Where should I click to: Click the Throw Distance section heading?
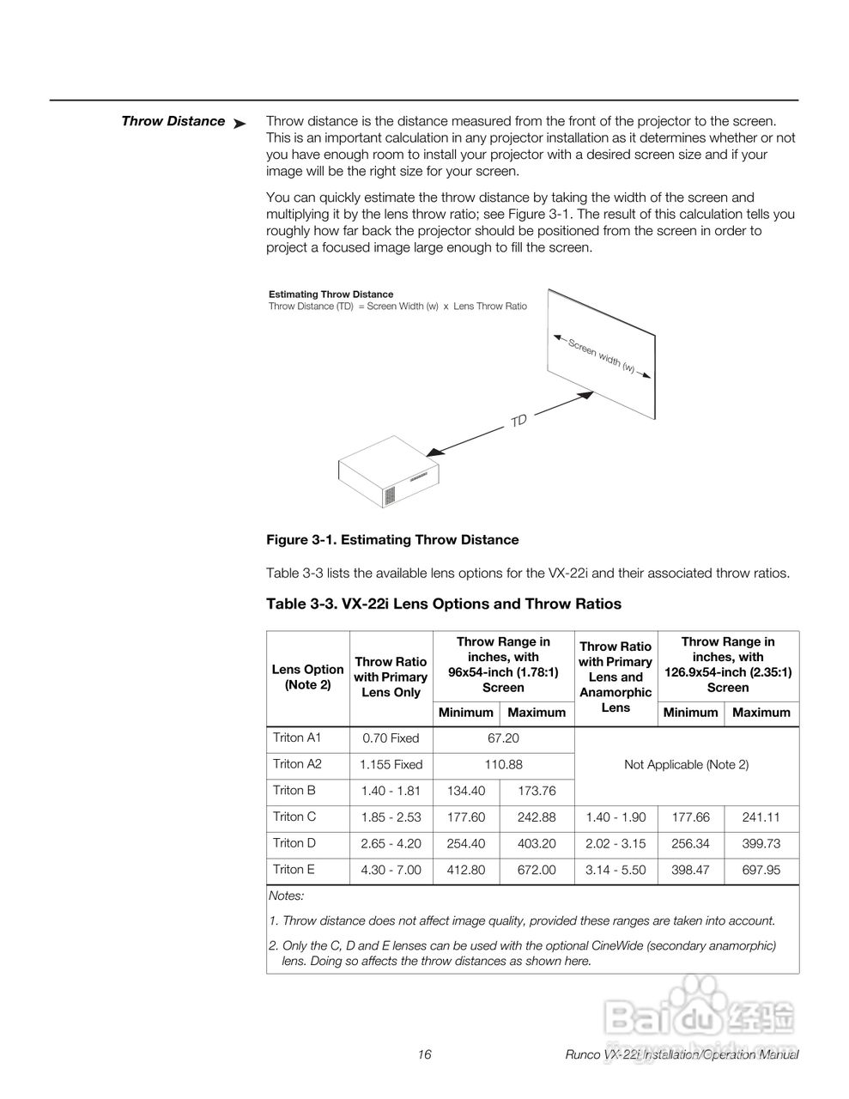(173, 121)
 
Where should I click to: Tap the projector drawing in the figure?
(389, 474)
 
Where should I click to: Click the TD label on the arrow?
(518, 421)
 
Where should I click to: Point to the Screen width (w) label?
(602, 355)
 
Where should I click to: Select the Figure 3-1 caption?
(392, 540)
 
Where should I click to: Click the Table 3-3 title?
(443, 604)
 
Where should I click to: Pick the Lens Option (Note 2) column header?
(307, 677)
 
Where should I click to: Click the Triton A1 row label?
(297, 738)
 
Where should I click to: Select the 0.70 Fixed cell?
(391, 738)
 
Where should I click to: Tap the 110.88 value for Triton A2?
(503, 764)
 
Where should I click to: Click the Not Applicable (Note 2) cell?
(686, 764)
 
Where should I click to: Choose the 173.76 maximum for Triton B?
(537, 791)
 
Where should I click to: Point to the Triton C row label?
(294, 817)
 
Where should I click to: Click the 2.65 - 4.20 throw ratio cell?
(391, 844)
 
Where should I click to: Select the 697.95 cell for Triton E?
(761, 871)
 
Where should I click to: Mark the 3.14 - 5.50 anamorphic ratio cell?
(616, 871)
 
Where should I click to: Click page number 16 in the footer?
(425, 1054)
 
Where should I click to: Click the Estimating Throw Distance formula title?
(331, 294)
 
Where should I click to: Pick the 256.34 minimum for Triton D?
(690, 844)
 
